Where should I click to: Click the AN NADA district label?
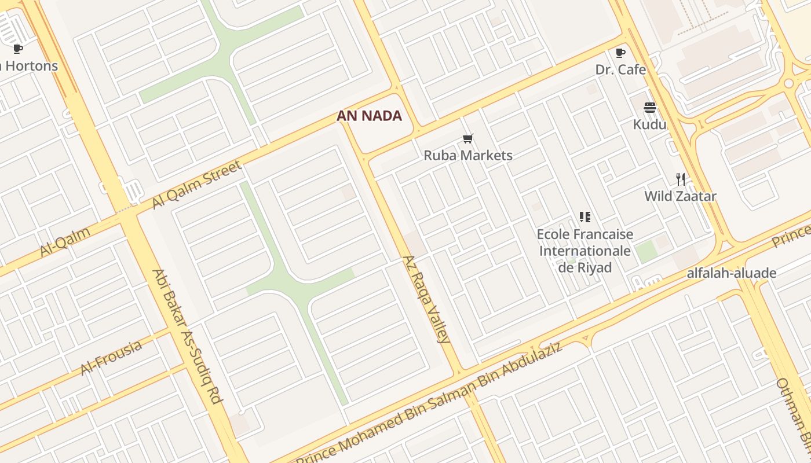[x=369, y=116]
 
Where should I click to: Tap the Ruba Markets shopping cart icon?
[x=468, y=138]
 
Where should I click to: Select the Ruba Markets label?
[x=468, y=155]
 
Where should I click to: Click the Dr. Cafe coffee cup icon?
[x=620, y=53]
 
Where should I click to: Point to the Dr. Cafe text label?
[x=620, y=69]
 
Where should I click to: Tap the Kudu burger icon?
[x=649, y=108]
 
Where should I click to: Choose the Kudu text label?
[x=649, y=124]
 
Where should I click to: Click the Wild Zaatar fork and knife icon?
[x=681, y=179]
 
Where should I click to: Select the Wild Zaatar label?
[x=681, y=196]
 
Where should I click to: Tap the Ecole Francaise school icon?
[x=584, y=217]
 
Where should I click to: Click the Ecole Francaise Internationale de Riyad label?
[x=584, y=251]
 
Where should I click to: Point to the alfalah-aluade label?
[x=732, y=273]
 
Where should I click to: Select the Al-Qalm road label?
[x=65, y=242]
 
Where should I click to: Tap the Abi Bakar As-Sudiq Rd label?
[x=187, y=336]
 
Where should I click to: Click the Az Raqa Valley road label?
[x=426, y=299]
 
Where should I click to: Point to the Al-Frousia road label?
[x=111, y=358]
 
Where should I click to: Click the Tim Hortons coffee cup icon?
[x=18, y=49]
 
